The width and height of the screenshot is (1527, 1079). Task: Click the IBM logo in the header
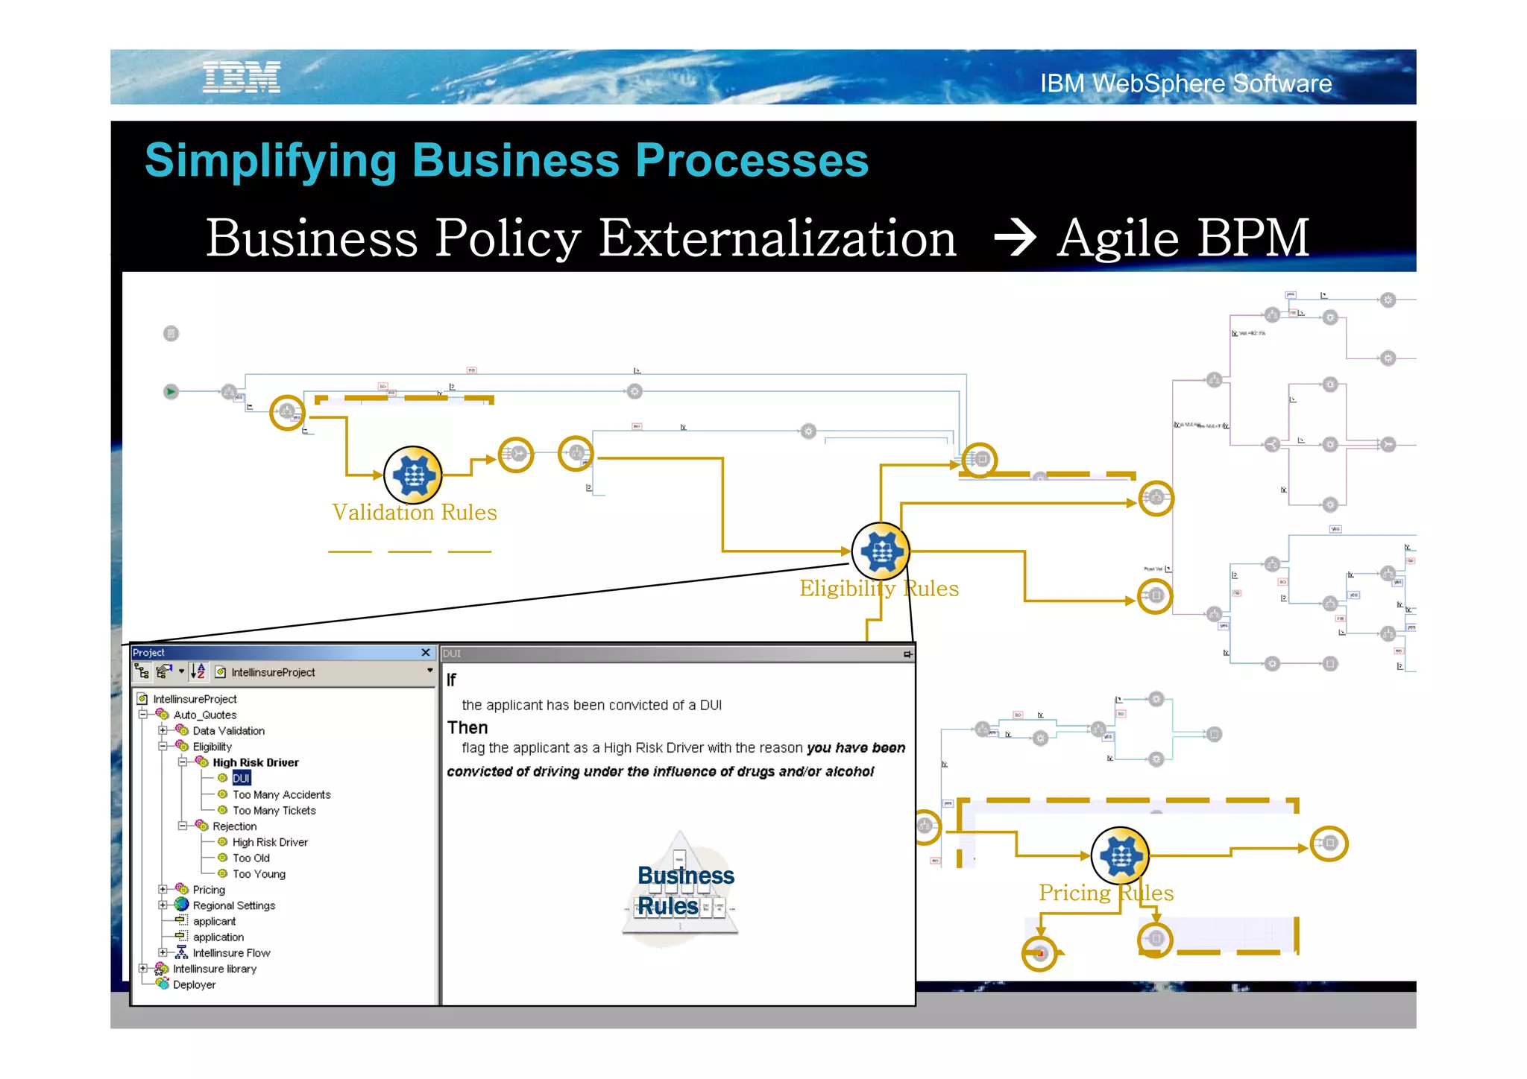click(242, 77)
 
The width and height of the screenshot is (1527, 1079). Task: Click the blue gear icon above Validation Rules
click(413, 475)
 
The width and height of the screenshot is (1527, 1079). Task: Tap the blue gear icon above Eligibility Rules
click(881, 551)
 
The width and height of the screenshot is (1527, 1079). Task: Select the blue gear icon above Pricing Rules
click(1120, 856)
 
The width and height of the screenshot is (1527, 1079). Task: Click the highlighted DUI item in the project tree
click(241, 779)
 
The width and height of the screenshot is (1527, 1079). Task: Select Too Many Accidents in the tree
click(281, 795)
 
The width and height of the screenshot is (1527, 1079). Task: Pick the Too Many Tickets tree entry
click(274, 811)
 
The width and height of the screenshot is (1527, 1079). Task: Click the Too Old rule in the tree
click(251, 858)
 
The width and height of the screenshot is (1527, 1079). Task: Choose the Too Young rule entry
click(259, 874)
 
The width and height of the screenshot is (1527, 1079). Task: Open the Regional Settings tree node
click(233, 906)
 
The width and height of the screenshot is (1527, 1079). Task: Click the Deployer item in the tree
click(194, 985)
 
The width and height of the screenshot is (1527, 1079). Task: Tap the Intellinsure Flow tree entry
click(231, 953)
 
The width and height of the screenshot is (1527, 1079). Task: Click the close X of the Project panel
click(426, 653)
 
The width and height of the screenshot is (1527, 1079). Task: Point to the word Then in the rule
click(467, 727)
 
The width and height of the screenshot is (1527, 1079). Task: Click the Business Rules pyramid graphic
click(681, 890)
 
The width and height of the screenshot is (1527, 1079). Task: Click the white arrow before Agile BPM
click(1016, 238)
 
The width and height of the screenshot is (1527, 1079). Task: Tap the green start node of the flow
click(171, 391)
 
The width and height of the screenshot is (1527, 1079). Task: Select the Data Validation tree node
click(228, 731)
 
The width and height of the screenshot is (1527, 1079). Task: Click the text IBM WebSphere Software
click(1186, 83)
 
